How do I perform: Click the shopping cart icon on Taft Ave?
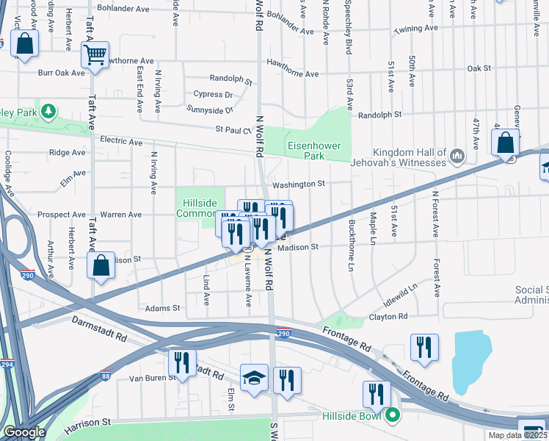pos(95,55)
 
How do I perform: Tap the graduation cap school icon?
pos(255,379)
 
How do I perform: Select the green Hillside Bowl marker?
pos(393,415)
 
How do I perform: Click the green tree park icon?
pos(48,112)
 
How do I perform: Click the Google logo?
pos(24,432)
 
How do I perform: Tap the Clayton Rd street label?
pos(388,317)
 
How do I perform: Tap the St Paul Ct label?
pos(233,129)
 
